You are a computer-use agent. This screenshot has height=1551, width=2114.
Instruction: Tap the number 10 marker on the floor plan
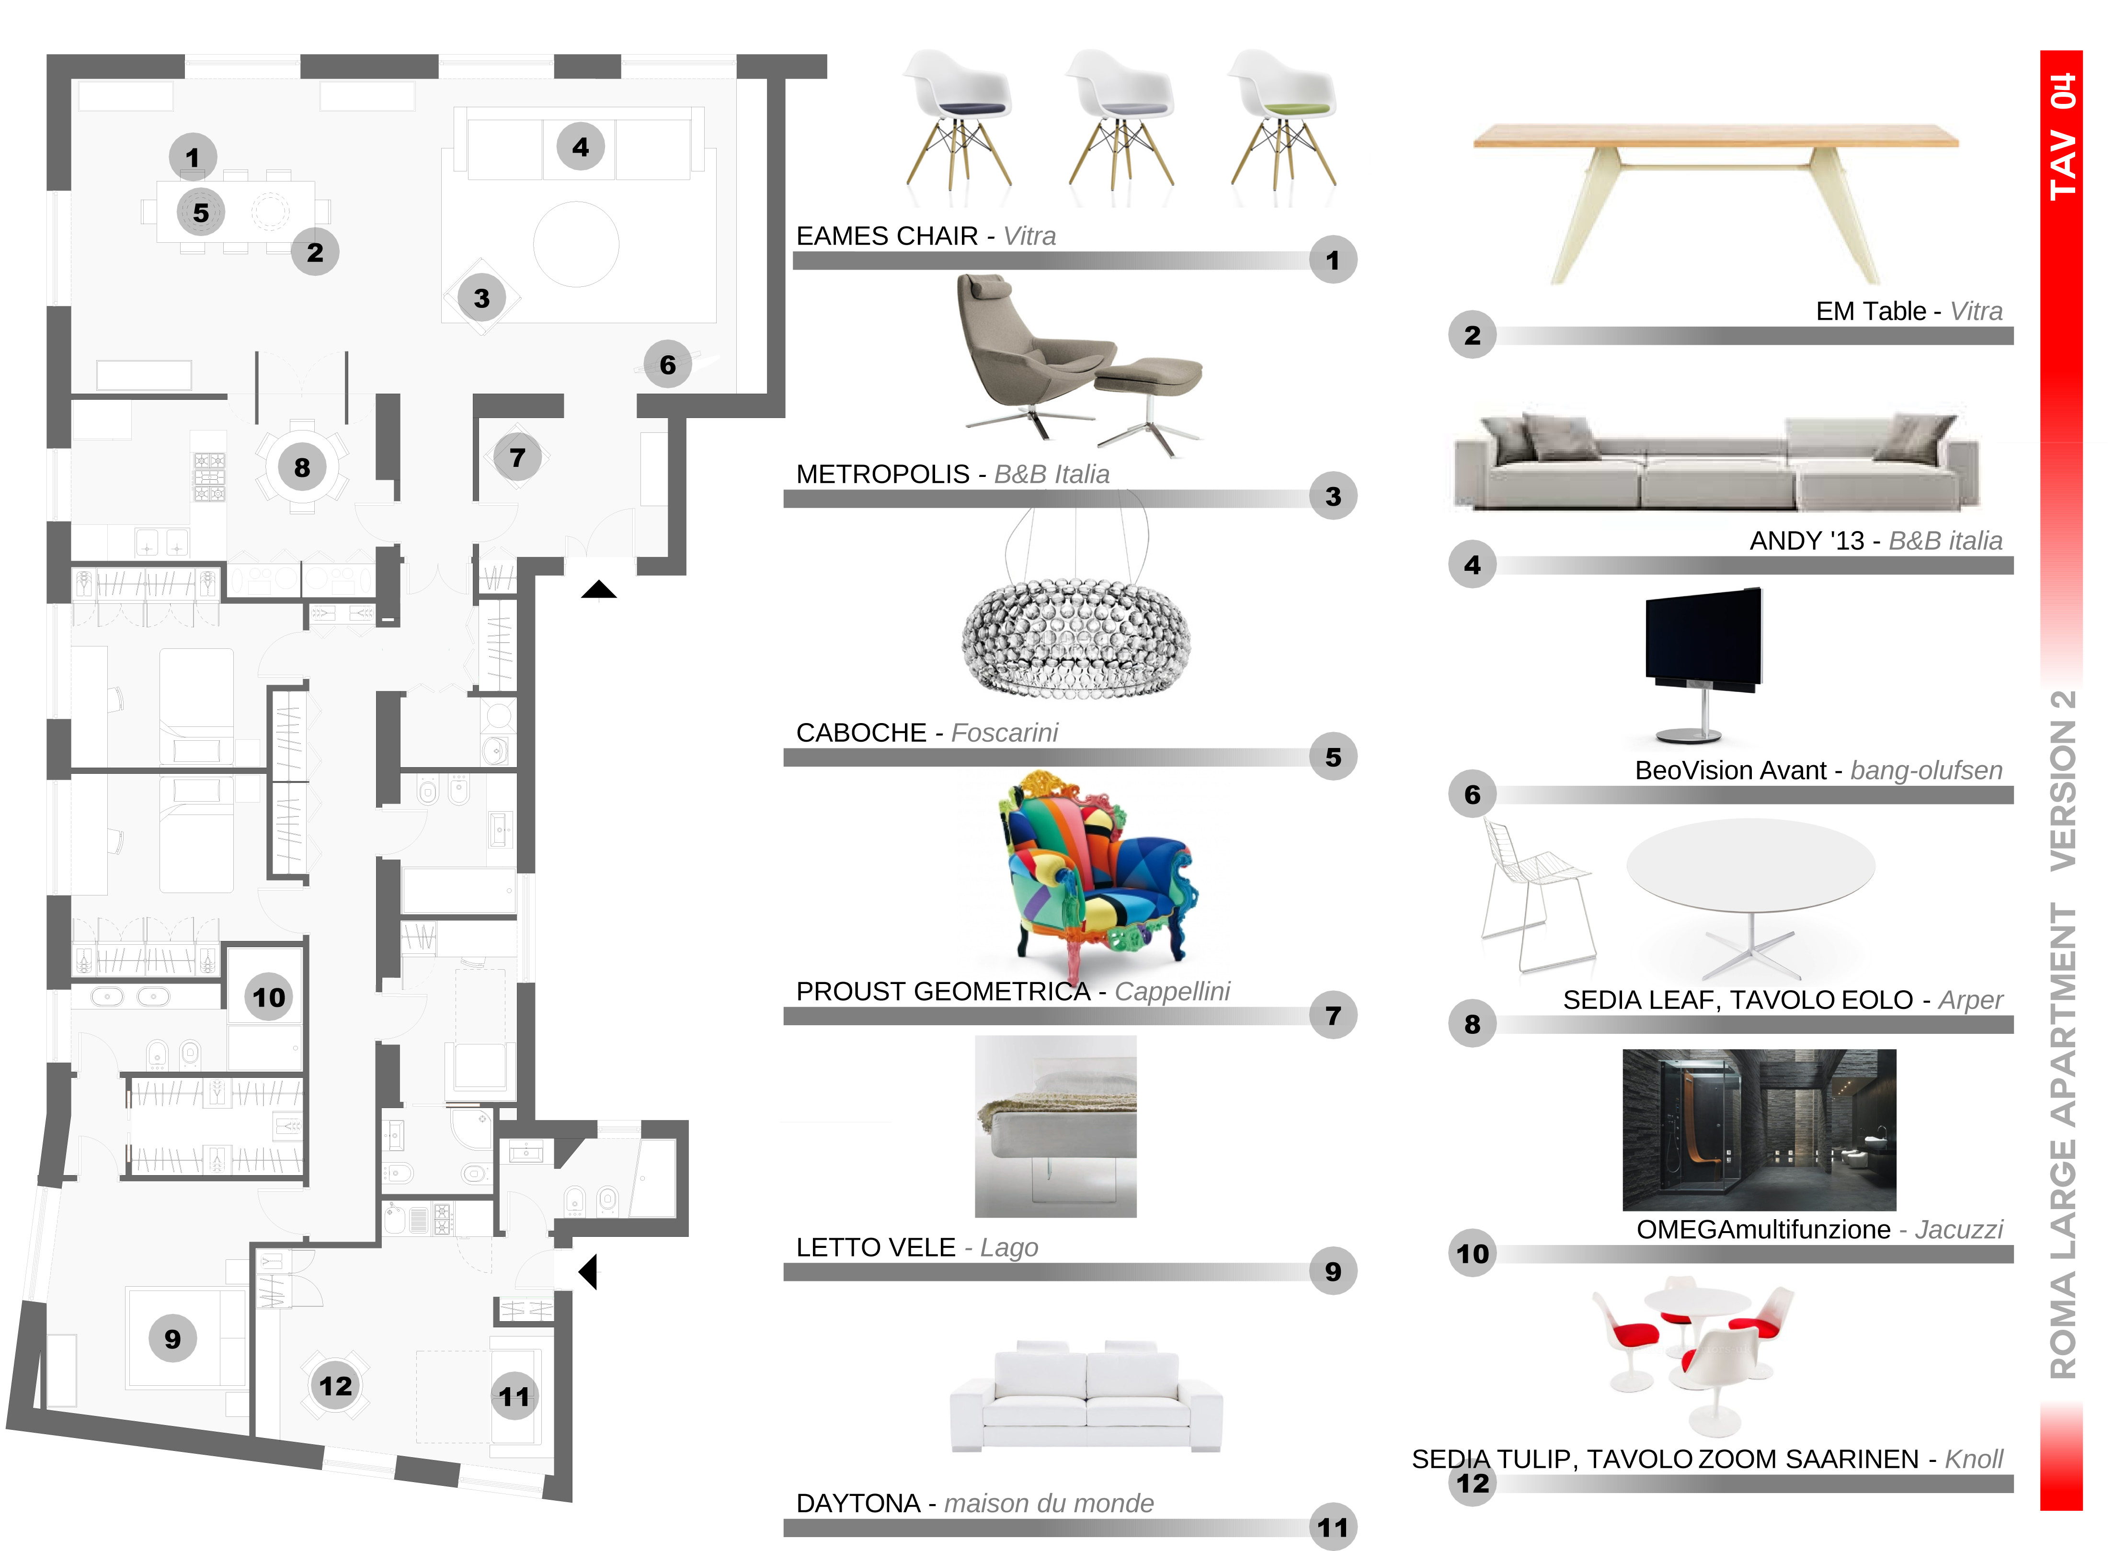[269, 997]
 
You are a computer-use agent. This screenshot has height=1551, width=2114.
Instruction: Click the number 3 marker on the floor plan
[482, 298]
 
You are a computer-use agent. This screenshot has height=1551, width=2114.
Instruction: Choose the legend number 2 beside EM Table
[1472, 335]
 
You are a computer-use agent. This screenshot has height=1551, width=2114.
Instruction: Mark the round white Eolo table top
[1750, 864]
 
